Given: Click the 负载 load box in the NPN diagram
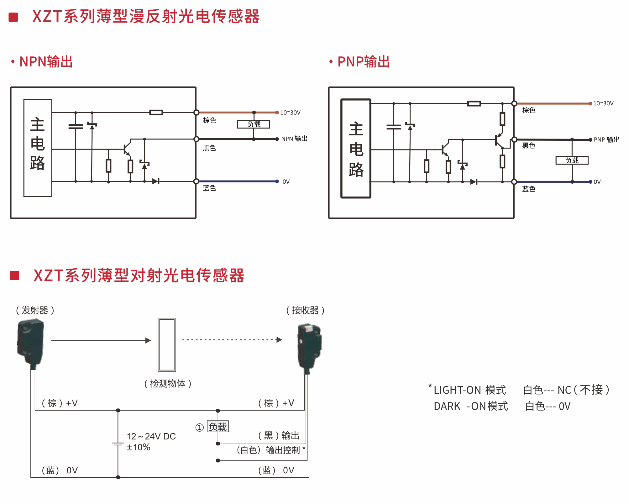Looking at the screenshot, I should (x=254, y=124).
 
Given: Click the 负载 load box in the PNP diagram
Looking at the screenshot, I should (x=572, y=160).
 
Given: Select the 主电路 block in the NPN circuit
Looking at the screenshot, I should (x=38, y=148).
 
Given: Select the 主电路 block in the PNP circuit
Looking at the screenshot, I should (x=356, y=149).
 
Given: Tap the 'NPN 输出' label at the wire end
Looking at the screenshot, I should (x=294, y=139).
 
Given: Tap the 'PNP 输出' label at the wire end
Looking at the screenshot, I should (x=607, y=140).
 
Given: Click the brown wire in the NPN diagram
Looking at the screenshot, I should (x=226, y=112).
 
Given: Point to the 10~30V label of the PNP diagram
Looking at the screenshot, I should (x=603, y=103).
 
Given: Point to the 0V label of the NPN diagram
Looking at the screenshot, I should (x=286, y=182).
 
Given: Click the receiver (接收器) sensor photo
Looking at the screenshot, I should (x=309, y=348).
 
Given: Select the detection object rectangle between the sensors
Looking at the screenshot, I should (x=167, y=344).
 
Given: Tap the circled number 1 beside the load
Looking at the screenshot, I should (x=200, y=428).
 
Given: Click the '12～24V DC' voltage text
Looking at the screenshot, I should (x=151, y=436).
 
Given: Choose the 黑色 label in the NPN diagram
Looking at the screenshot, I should (x=209, y=148).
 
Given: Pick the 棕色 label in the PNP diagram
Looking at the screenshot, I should (x=529, y=110).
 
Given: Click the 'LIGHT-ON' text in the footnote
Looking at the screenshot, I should (x=457, y=390).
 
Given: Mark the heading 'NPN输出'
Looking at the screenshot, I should (x=46, y=62).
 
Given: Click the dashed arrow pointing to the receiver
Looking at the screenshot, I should (x=232, y=340).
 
